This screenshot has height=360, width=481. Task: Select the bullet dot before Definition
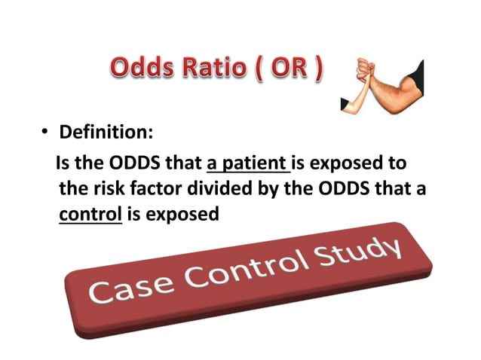[44, 134]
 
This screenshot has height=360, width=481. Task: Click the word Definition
[106, 133]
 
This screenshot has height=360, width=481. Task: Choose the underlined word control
[90, 214]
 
